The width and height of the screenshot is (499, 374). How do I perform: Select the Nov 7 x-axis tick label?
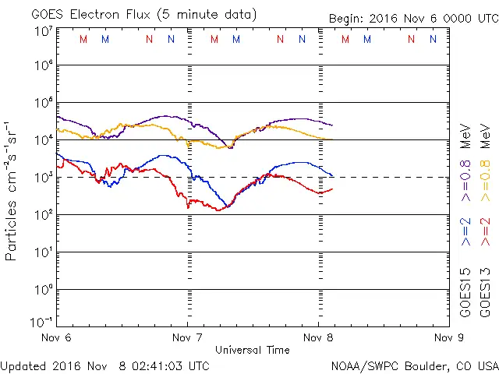(186, 337)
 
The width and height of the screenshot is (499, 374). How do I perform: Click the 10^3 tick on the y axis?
(43, 178)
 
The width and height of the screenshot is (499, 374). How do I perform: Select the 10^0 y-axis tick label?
(43, 290)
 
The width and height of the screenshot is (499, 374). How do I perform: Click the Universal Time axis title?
(253, 350)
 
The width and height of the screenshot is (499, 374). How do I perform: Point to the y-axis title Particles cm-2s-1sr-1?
(13, 190)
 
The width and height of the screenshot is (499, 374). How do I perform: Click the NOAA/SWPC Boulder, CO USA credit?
(414, 365)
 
